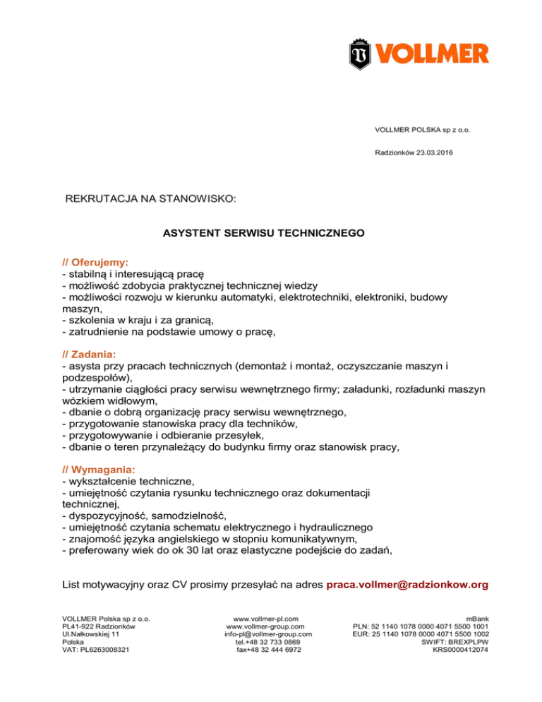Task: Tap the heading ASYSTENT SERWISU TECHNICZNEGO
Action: pyautogui.click(x=264, y=231)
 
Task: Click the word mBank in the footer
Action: pyautogui.click(x=474, y=618)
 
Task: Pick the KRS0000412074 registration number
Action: pyautogui.click(x=459, y=650)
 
